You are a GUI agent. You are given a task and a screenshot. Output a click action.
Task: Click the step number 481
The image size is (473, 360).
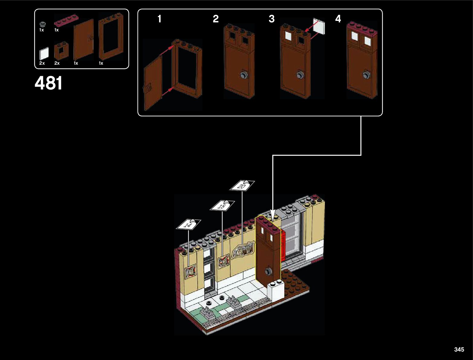point(48,83)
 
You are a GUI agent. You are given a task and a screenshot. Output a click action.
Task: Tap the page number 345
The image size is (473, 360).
point(459,349)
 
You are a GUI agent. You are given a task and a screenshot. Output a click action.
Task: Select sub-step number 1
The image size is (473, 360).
point(160,19)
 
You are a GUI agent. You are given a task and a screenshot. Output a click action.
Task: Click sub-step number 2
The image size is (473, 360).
point(216,19)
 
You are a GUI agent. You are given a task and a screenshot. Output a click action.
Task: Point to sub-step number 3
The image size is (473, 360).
point(272,19)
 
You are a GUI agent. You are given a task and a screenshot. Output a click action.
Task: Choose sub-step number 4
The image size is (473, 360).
point(338,19)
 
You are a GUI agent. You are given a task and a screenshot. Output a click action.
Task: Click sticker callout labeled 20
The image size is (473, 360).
point(242,186)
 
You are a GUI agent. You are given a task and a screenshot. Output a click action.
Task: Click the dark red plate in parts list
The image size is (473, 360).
point(66,21)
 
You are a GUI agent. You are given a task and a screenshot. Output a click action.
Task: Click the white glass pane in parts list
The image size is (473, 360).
point(44,54)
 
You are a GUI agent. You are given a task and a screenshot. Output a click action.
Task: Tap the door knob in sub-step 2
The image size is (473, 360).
point(244,75)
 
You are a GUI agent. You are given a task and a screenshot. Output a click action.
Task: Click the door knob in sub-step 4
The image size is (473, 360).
point(366,75)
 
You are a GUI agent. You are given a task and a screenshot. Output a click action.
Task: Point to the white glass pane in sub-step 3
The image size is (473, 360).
point(319,26)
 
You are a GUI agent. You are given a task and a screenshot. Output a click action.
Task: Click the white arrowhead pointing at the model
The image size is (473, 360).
point(273,216)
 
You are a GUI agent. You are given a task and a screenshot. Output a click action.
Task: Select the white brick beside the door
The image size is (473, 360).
point(276,290)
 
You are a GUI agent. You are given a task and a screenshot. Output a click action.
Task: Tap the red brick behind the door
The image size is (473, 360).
point(283,246)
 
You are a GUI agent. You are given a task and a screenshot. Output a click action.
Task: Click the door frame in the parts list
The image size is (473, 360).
point(111,36)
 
